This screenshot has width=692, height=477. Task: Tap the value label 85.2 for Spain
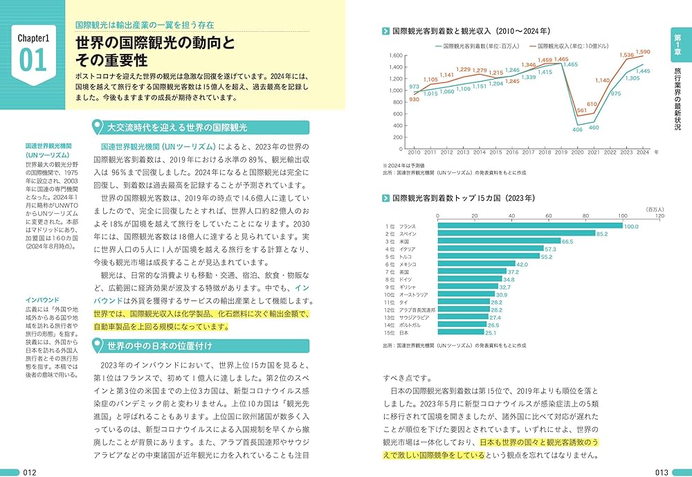pos(602,234)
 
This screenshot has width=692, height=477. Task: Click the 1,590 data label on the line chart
pos(643,52)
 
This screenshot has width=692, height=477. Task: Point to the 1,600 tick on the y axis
pos(396,55)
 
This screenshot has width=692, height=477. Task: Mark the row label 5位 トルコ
pos(401,257)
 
